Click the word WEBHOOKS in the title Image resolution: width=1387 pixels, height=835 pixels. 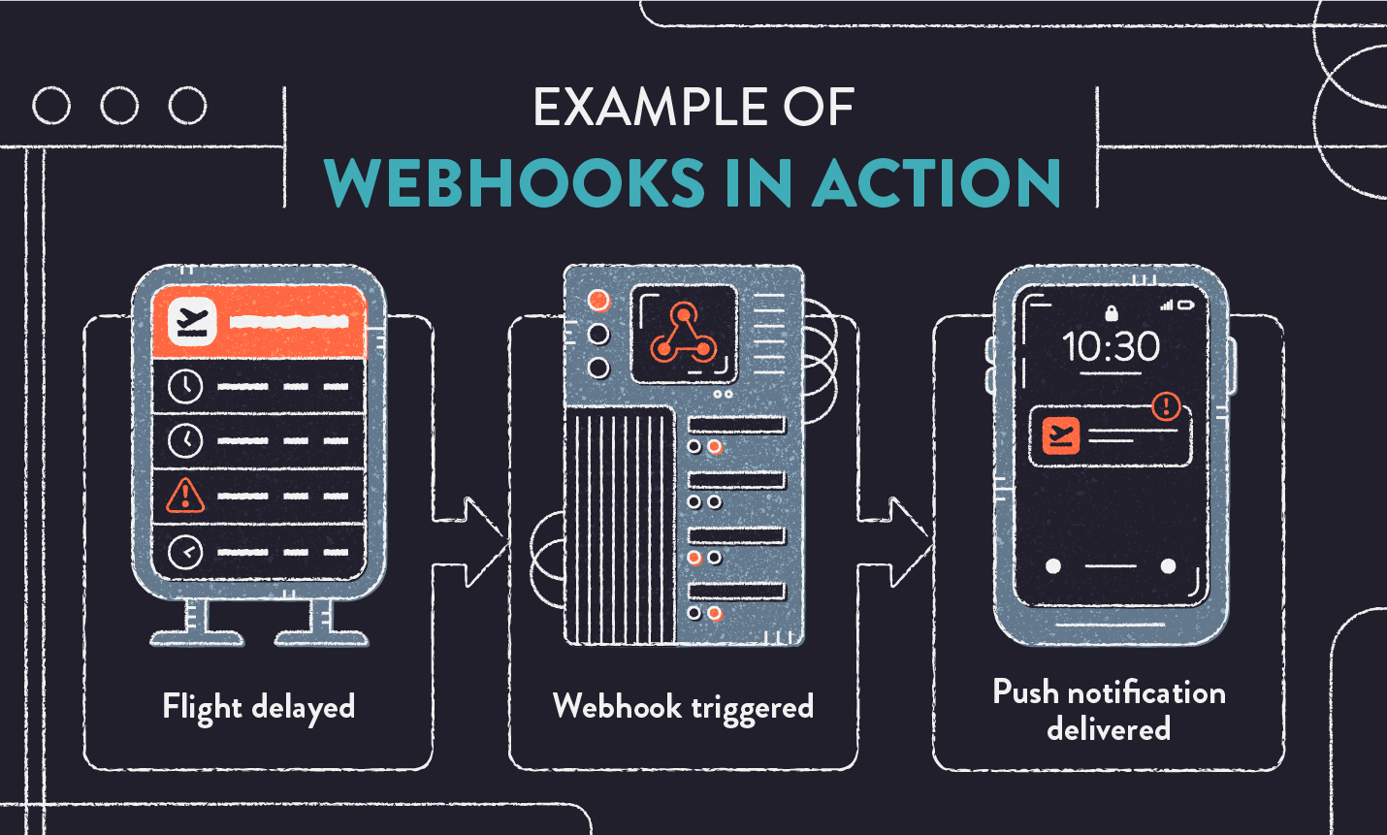coord(514,183)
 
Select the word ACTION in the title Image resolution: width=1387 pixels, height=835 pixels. coord(937,183)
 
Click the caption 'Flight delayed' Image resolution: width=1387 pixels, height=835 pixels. coord(259,707)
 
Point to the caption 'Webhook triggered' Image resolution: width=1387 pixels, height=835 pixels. coord(683,707)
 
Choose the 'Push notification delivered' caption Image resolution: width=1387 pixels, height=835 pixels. coord(1109,710)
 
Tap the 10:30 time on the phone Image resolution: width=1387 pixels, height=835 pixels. coord(1111,347)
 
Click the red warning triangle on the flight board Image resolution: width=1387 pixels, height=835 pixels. coord(185,496)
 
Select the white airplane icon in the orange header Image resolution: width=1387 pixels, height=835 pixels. coord(192,321)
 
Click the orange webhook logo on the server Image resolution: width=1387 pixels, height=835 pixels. coord(684,335)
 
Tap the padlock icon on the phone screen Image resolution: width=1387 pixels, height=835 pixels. coord(1112,312)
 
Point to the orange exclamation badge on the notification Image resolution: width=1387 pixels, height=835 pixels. coord(1166,406)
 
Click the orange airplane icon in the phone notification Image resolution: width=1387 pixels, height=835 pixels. coord(1061,435)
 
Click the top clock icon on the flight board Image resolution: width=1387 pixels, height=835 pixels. coord(185,386)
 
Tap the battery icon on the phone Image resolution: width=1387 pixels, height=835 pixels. coord(1185,305)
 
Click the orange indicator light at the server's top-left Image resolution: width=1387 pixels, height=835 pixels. coord(598,300)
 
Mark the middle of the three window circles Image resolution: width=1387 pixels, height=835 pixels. coord(119,106)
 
